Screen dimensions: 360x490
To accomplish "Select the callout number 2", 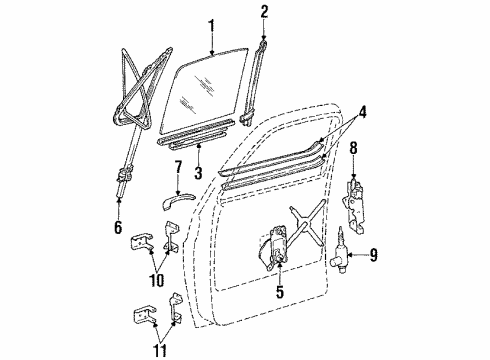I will click(264, 13).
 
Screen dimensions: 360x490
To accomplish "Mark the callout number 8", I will click(353, 150).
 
